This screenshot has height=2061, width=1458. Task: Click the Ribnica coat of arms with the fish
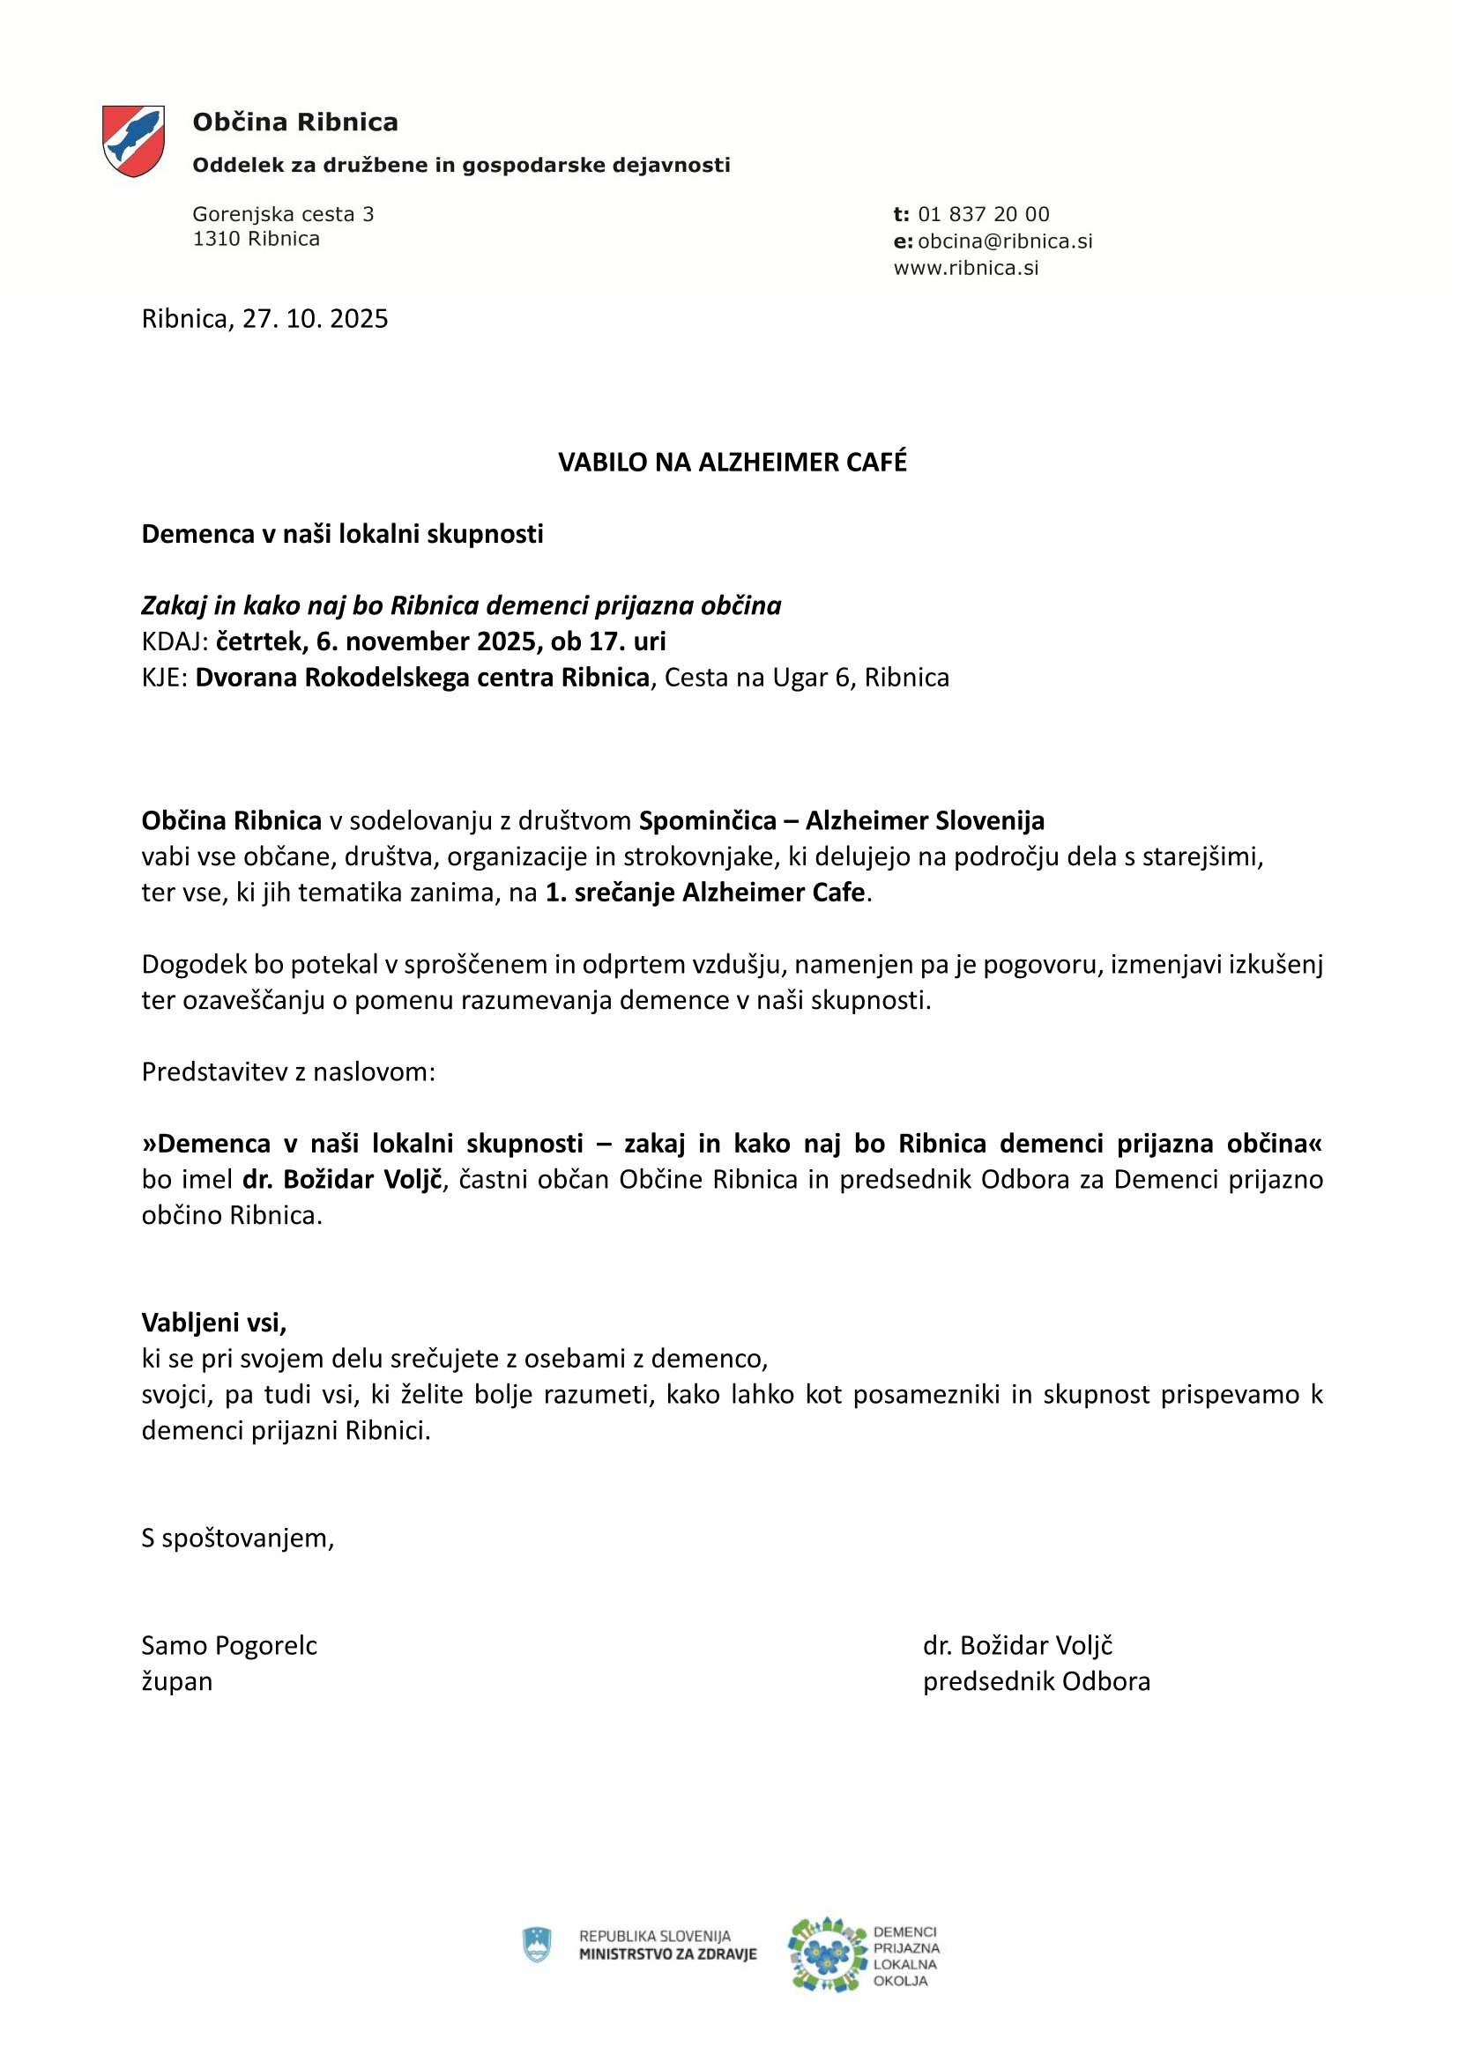(133, 141)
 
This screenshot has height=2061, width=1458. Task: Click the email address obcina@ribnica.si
(1005, 241)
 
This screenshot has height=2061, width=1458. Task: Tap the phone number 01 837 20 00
(983, 214)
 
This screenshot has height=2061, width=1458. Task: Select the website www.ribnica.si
(966, 269)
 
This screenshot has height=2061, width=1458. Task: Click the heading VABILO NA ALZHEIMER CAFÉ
(733, 463)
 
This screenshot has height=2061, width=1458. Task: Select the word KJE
(162, 678)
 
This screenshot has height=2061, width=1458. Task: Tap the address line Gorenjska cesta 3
(283, 214)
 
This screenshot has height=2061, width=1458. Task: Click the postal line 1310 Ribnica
(256, 239)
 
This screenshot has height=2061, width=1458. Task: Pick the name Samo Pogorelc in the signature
(229, 1645)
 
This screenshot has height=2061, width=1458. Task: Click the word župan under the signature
(177, 1681)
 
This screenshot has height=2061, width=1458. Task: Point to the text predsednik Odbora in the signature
(1036, 1681)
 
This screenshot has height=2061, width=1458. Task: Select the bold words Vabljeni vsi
(213, 1323)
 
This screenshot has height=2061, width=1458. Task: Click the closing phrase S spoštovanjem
(238, 1538)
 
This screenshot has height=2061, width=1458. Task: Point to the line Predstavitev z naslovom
(288, 1071)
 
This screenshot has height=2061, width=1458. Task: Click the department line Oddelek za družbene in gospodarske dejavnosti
(460, 165)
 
